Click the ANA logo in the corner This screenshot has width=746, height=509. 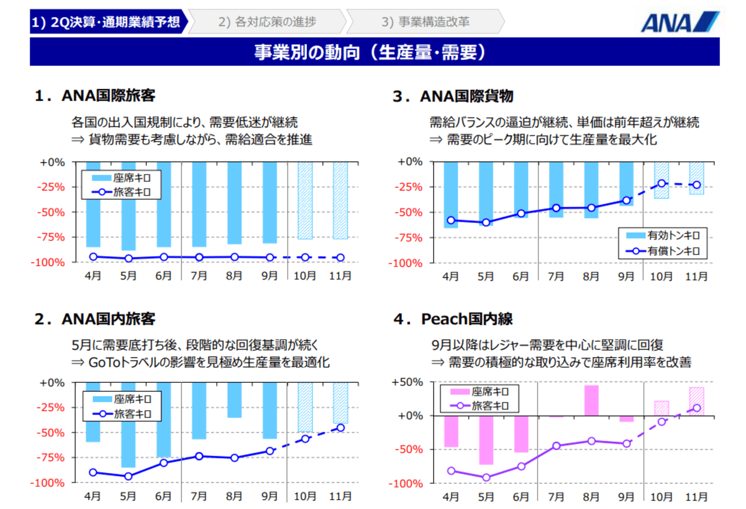[x=680, y=22]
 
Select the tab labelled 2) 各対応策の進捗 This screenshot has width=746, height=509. [x=267, y=22]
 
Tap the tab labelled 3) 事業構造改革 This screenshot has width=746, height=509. [x=425, y=22]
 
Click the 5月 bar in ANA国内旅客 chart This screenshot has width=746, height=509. [x=128, y=425]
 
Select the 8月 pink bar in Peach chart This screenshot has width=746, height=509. [x=591, y=400]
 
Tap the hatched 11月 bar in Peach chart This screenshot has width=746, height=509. [x=697, y=401]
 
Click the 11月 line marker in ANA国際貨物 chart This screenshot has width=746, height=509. [x=697, y=185]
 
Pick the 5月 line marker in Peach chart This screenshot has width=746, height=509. [x=487, y=478]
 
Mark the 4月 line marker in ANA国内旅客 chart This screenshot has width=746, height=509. [x=93, y=473]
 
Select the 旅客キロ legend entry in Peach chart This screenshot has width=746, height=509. [x=478, y=405]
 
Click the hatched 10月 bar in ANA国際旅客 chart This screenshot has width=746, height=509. [x=305, y=200]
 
